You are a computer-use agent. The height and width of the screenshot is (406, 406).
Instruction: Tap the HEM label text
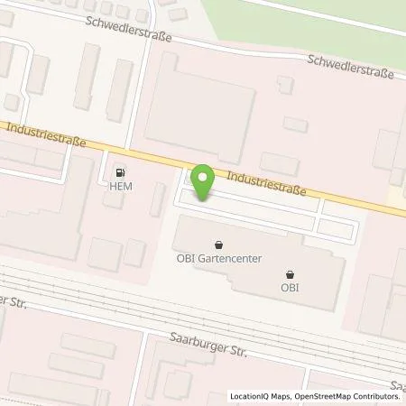pos(121,187)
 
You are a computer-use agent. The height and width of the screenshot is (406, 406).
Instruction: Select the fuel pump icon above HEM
pos(121,172)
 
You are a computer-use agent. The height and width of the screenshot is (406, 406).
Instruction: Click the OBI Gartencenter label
pos(219,258)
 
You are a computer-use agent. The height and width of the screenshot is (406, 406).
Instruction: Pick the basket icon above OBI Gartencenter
pos(219,244)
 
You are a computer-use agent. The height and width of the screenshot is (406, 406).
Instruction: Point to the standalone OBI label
pos(289,288)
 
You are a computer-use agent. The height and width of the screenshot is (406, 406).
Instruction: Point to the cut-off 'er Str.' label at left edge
pos(11,302)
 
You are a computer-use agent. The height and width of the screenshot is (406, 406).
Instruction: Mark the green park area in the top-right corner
pos(343,23)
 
